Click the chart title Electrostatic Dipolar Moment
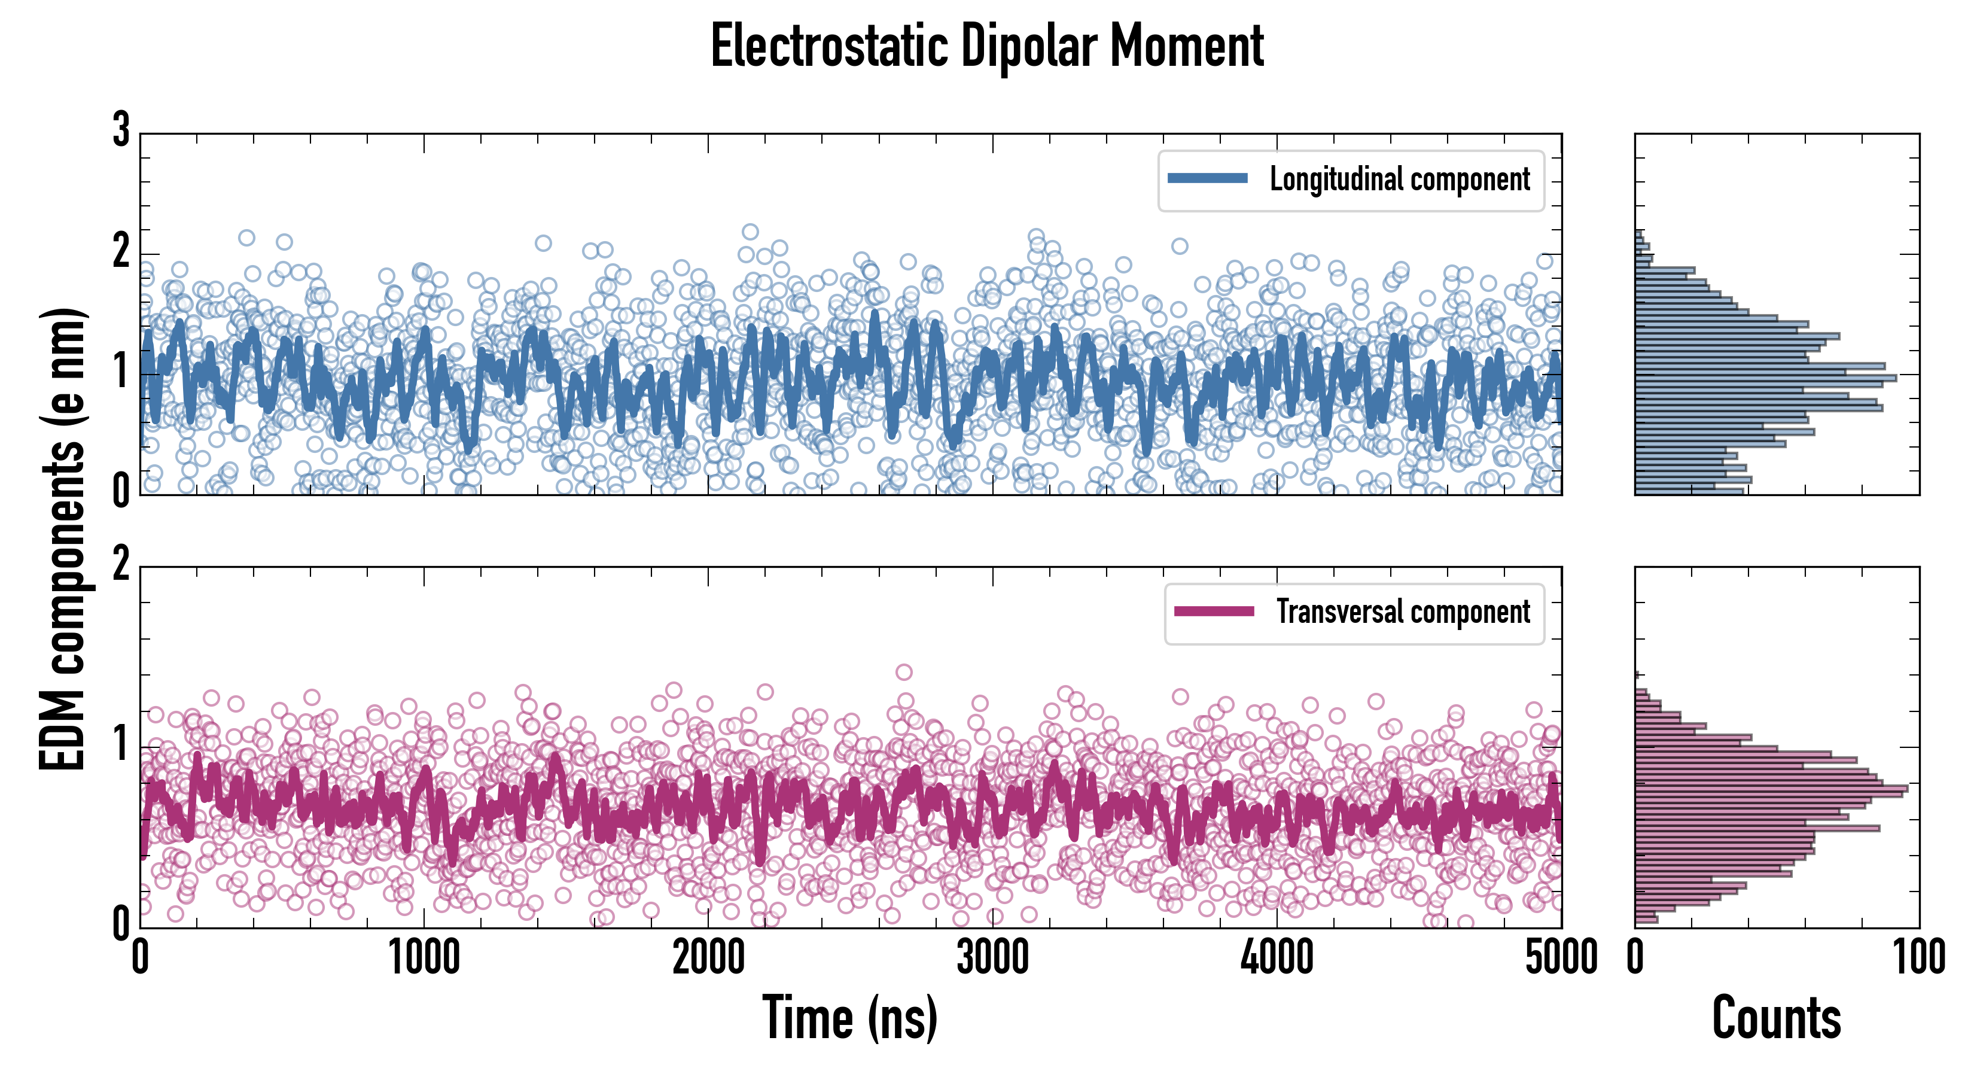(x=987, y=46)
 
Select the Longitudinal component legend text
(x=1399, y=180)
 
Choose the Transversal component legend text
(x=1402, y=611)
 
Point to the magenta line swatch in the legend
(x=1214, y=611)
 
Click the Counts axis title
(x=1776, y=1017)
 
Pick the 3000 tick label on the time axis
(x=993, y=957)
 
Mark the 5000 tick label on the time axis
(x=1561, y=957)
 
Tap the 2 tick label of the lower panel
(x=121, y=565)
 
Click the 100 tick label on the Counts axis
(x=1919, y=957)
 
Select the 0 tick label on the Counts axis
(x=1635, y=957)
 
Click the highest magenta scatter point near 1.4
(x=904, y=673)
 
